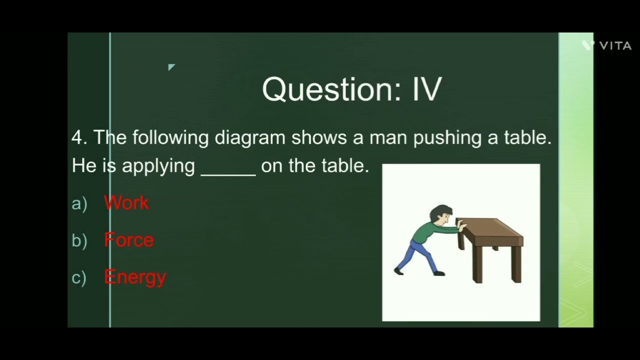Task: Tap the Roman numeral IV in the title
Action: (x=427, y=89)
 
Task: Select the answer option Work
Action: (x=126, y=203)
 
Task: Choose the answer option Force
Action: (x=129, y=240)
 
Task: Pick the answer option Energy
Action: (x=135, y=277)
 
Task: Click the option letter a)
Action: (x=79, y=203)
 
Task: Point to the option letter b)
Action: (x=79, y=240)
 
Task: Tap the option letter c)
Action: (x=79, y=277)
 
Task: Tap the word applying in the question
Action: (x=158, y=166)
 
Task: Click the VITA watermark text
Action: (x=615, y=46)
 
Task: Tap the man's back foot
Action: (x=398, y=271)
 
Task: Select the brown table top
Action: (x=489, y=227)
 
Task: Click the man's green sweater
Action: (x=427, y=231)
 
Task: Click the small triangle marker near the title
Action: (x=171, y=67)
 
